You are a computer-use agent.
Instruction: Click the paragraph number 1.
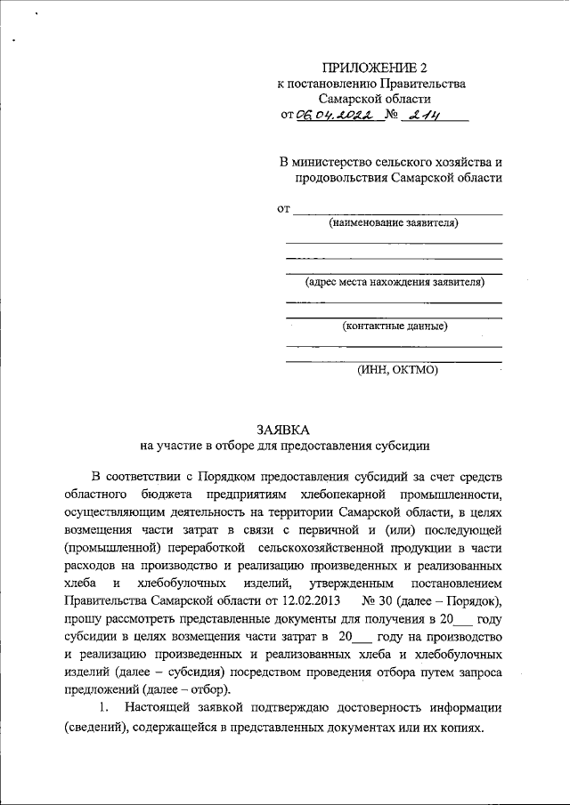tap(104, 708)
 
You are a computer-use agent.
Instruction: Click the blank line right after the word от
tap(397, 211)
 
